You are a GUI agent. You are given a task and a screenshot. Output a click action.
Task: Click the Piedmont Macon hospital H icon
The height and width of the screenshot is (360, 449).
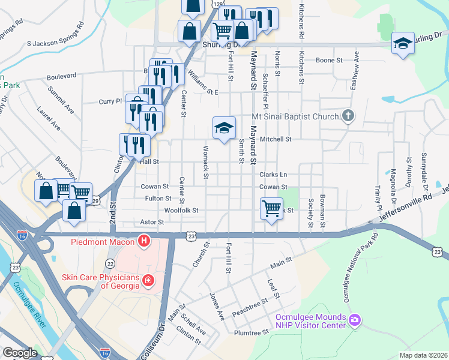pyautogui.click(x=144, y=242)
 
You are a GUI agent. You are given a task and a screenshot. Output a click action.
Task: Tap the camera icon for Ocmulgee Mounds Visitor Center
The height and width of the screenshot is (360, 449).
pyautogui.click(x=355, y=320)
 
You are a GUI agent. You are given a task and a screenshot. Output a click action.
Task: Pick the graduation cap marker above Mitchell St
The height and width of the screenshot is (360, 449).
pyautogui.click(x=224, y=128)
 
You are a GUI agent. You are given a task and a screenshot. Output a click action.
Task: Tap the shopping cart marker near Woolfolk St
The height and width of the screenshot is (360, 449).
pyautogui.click(x=271, y=209)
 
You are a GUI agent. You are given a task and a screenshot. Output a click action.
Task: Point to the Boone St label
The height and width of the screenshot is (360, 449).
pyautogui.click(x=329, y=61)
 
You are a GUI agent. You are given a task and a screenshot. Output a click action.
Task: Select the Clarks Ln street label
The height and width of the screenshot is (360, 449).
pyautogui.click(x=273, y=175)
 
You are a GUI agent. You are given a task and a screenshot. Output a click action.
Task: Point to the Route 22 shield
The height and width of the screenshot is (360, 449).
pyautogui.click(x=110, y=263)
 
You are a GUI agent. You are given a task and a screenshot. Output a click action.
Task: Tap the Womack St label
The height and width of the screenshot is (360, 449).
pyautogui.click(x=206, y=159)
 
